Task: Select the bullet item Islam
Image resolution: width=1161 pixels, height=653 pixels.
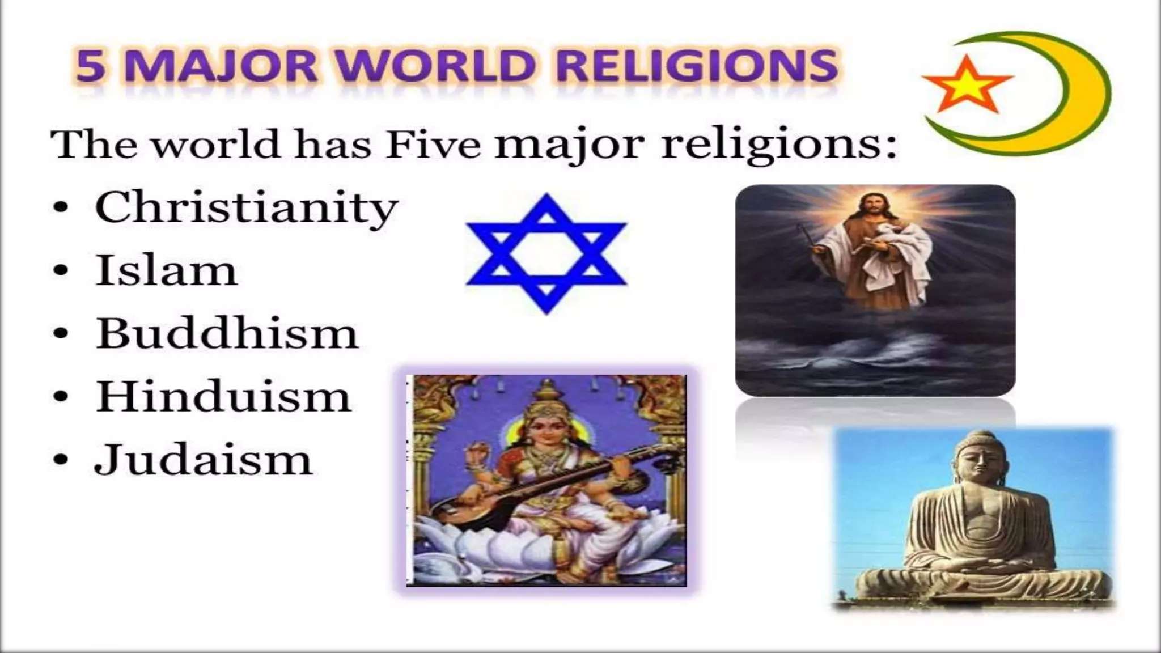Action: point(166,271)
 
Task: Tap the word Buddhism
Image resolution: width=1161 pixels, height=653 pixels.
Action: point(227,333)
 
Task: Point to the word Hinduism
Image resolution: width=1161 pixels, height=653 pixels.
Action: point(223,396)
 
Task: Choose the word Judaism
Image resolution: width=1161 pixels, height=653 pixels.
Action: point(203,460)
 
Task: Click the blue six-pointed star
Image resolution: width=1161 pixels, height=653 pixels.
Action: point(546,254)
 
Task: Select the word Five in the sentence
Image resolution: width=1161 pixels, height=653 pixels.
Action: point(433,145)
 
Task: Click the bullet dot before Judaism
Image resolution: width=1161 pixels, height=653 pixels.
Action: point(60,460)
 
